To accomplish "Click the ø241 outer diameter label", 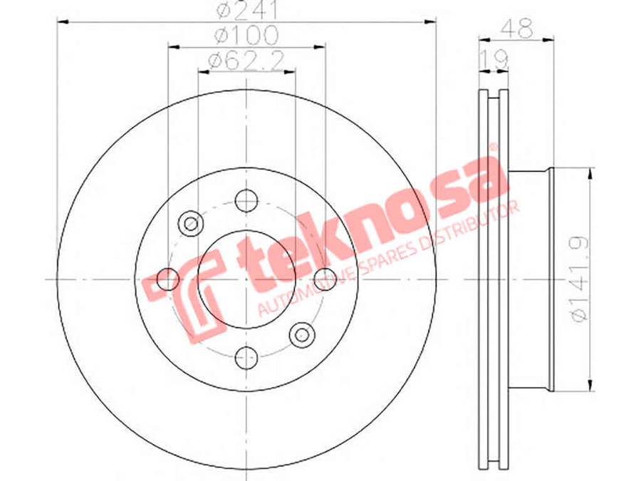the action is pyautogui.click(x=247, y=9).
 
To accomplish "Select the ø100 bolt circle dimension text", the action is pyautogui.click(x=246, y=35).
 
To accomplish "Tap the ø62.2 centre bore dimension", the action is pyautogui.click(x=246, y=61).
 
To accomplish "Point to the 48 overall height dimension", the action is pyautogui.click(x=517, y=29).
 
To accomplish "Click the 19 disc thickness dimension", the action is pyautogui.click(x=494, y=60).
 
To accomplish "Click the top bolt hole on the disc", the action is pyautogui.click(x=246, y=200).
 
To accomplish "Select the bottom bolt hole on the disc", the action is pyautogui.click(x=247, y=357).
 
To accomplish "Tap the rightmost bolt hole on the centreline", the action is pyautogui.click(x=325, y=279).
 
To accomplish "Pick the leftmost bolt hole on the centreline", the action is pyautogui.click(x=168, y=279).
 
